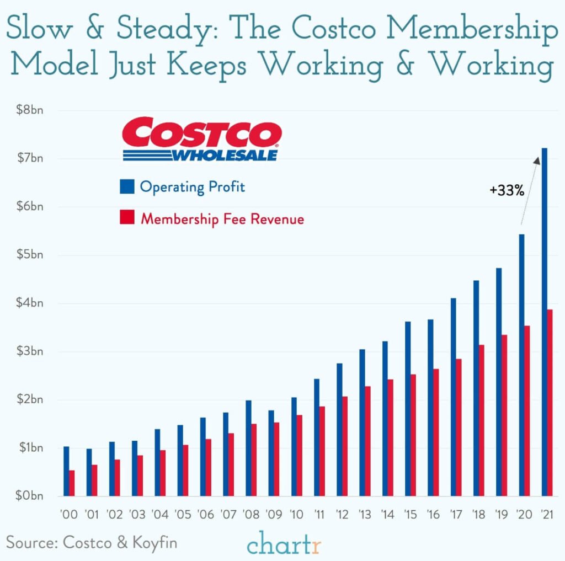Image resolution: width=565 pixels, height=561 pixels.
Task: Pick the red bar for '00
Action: tap(72, 483)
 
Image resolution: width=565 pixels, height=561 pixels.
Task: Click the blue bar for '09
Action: tap(271, 453)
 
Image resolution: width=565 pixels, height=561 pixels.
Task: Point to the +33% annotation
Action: tap(506, 191)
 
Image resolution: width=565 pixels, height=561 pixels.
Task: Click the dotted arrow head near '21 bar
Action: tap(536, 160)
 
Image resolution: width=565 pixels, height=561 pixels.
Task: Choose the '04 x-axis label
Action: tap(160, 515)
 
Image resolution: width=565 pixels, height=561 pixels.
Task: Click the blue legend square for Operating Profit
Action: tap(127, 186)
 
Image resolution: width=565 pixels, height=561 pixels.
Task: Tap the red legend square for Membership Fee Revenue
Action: tap(127, 218)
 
